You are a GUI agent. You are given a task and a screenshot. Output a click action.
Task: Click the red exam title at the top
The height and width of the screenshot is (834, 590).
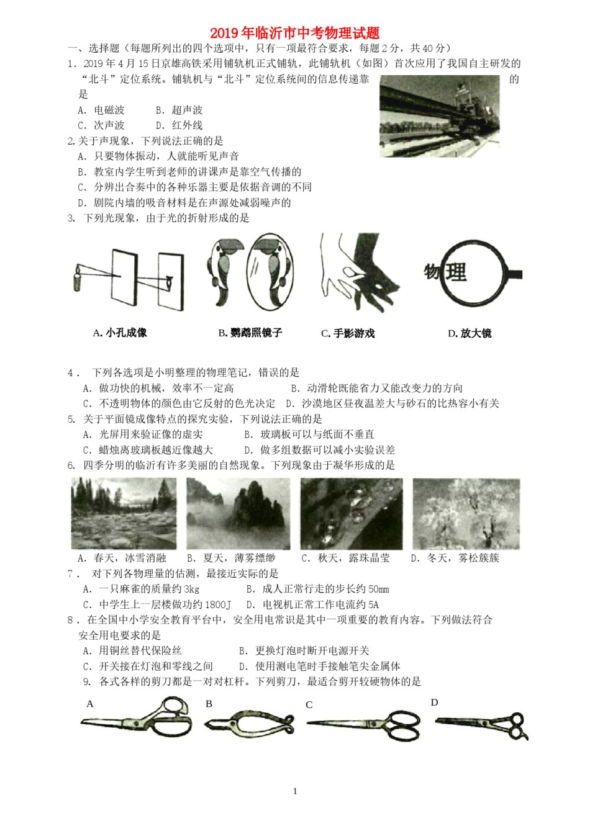[294, 34]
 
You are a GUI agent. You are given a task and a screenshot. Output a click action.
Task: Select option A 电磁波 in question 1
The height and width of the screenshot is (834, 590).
[102, 110]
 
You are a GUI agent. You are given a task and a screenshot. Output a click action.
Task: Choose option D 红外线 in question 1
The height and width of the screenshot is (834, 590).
[179, 125]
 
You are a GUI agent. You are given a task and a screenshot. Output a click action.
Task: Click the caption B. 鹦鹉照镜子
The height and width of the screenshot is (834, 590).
[250, 333]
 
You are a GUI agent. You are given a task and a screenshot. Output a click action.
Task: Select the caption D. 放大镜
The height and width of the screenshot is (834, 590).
[470, 333]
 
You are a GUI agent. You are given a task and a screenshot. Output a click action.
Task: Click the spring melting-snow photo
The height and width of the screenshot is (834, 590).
[124, 513]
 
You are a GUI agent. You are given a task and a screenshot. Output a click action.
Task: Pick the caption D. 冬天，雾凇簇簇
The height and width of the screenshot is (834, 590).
[455, 558]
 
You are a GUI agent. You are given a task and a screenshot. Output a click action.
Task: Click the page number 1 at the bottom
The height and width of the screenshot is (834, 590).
[295, 791]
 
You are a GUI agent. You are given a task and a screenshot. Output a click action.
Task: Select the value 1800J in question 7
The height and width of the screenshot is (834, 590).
[217, 604]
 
